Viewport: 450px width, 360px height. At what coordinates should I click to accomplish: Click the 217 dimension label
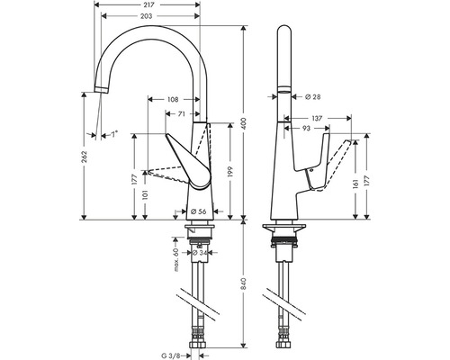tap(147, 4)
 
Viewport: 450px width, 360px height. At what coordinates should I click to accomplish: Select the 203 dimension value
tap(147, 16)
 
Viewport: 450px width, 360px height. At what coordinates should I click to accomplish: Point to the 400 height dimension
tap(244, 123)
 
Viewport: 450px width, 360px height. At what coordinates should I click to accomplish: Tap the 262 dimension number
tap(85, 157)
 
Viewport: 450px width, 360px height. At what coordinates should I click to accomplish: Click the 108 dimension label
tap(173, 99)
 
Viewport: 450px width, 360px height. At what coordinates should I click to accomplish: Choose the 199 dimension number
tap(230, 171)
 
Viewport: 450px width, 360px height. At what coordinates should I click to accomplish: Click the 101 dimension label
tap(145, 195)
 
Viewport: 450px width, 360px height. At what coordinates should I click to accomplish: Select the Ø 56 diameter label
tap(199, 211)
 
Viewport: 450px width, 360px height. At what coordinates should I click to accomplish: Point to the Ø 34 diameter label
tap(200, 253)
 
